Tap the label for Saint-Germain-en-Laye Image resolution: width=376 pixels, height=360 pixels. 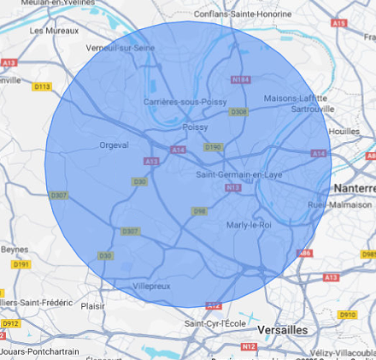[239, 175]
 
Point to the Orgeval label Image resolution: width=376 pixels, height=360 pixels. [115, 145]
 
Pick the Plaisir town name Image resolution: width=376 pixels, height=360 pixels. [93, 305]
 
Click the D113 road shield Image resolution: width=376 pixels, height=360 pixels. [42, 86]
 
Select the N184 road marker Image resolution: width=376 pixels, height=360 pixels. [241, 80]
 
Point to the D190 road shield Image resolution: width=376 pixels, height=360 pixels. [213, 148]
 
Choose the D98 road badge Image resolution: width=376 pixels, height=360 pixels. [199, 211]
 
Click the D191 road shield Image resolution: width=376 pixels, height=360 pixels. [21, 264]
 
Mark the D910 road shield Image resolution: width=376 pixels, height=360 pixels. [347, 315]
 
